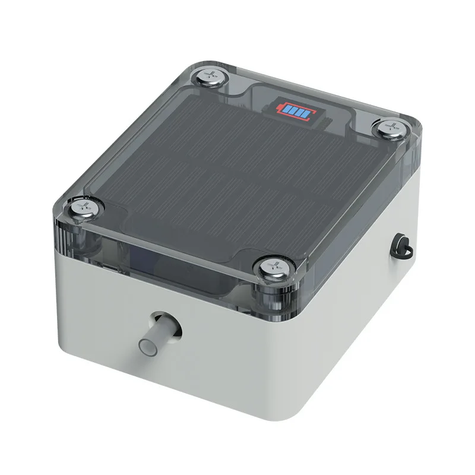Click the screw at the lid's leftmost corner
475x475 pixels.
(x=84, y=207)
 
